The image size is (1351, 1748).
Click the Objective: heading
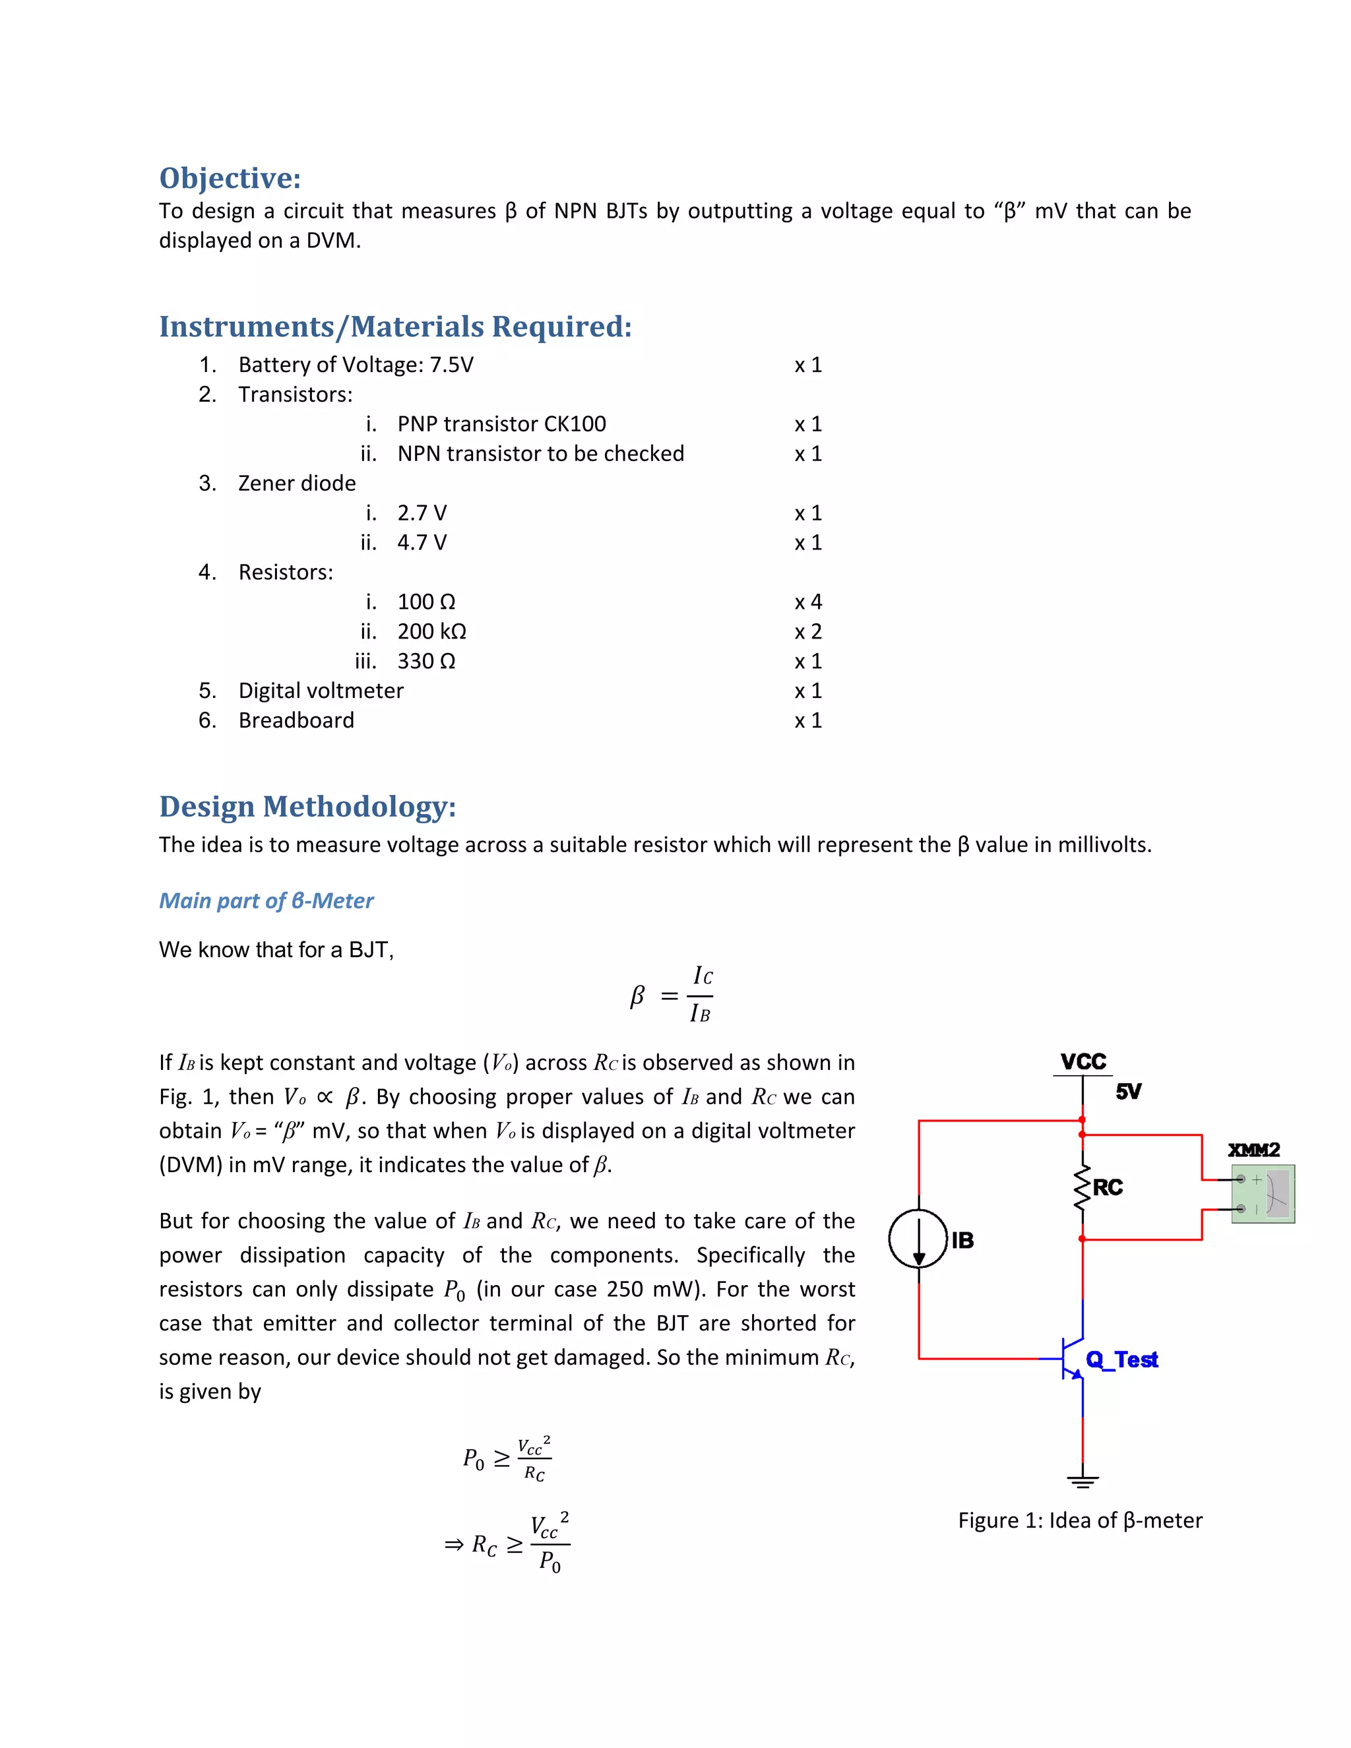coord(230,177)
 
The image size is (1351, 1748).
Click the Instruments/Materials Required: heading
coord(395,327)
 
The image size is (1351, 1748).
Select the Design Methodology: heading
coord(307,806)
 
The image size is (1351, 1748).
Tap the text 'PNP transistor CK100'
coord(501,423)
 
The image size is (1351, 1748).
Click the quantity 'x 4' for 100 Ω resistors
coord(807,601)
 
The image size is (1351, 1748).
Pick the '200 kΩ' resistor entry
coord(431,631)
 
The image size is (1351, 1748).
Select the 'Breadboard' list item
coord(296,720)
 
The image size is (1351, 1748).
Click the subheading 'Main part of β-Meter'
coord(266,900)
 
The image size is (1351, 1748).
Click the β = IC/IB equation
coord(672,995)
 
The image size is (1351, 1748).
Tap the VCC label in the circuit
coord(1083,1061)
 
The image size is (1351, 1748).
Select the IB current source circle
coord(918,1239)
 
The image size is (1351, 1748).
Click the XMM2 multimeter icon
coord(1262,1193)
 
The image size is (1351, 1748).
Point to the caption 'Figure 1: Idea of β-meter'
coord(1080,1520)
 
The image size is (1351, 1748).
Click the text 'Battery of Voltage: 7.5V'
coord(356,364)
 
